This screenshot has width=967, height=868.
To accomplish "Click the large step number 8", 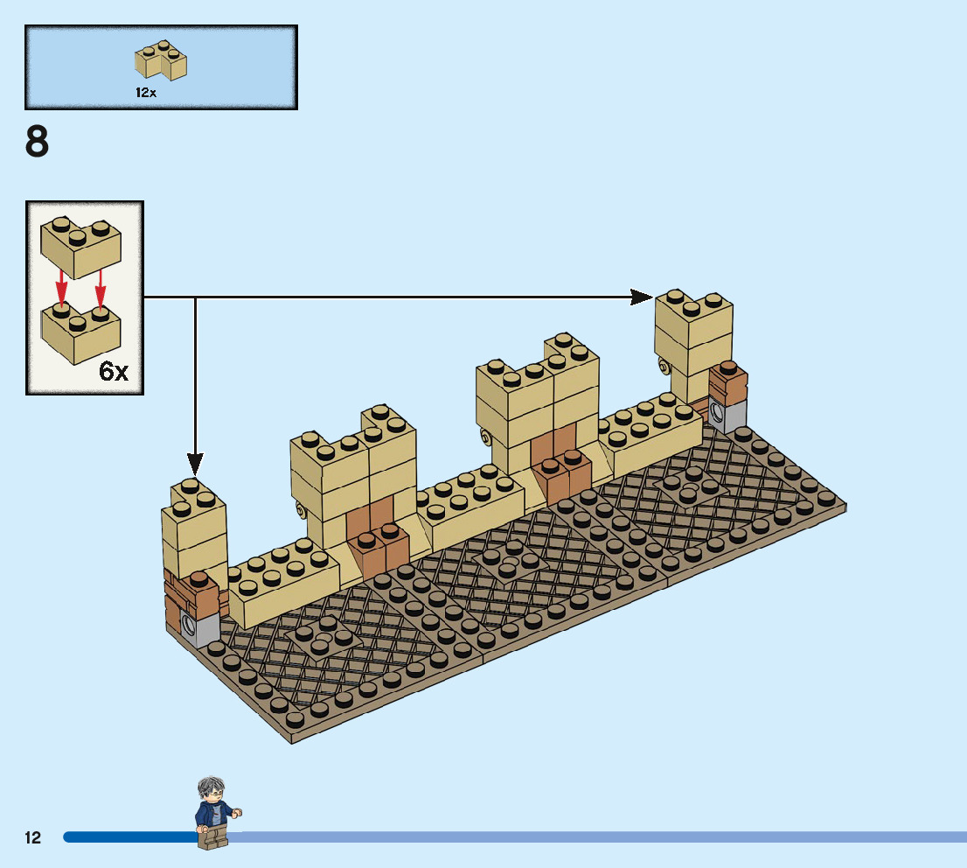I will point(38,143).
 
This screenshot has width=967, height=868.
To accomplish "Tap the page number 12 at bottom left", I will point(33,837).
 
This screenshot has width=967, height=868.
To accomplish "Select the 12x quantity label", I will point(146,92).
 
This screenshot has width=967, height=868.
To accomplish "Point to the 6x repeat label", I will point(114,371).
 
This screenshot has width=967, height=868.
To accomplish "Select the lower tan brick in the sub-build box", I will point(80,332).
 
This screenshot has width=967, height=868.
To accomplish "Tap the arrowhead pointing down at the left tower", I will point(195,463).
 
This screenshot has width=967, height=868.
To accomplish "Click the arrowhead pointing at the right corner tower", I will point(642,297).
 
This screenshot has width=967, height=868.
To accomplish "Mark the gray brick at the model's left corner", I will point(200,626).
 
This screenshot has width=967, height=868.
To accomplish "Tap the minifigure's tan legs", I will point(211,838).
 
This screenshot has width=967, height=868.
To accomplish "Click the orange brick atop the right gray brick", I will point(727,381).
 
